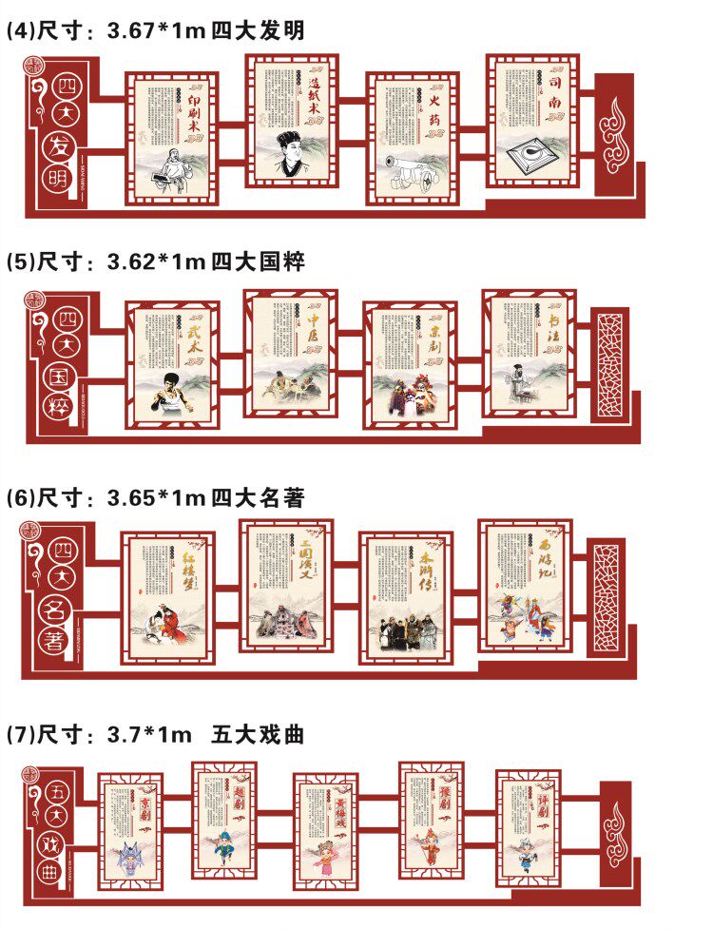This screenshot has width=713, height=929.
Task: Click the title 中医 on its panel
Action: pyautogui.click(x=312, y=330)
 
